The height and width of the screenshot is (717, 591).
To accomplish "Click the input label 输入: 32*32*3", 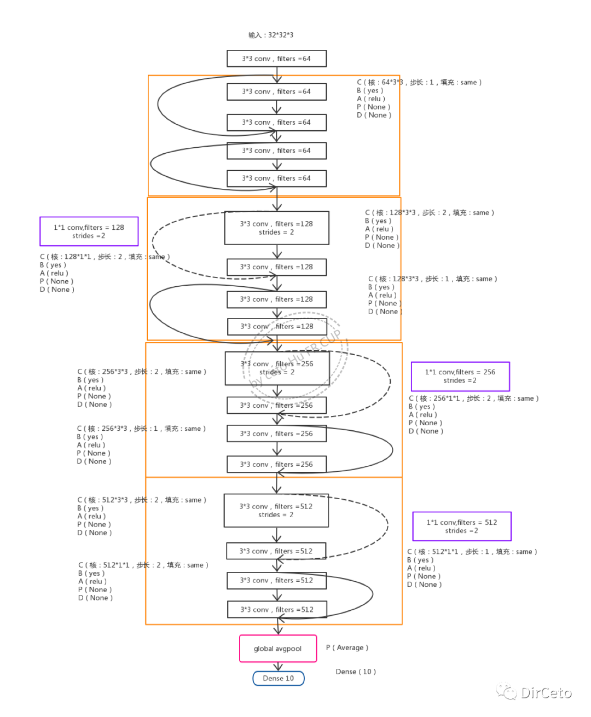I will (271, 35).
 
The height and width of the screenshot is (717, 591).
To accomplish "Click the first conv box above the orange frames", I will (276, 59).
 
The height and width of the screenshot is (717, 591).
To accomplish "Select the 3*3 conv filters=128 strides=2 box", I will (276, 228).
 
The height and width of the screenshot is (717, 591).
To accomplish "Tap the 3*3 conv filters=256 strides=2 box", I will (277, 368).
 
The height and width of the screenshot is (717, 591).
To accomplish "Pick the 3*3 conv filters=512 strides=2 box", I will (276, 511).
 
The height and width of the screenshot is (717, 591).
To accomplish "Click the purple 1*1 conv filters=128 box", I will (89, 232).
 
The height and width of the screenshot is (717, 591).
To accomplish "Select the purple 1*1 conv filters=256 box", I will (460, 376).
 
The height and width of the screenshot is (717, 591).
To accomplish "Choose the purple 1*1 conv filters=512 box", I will (461, 527).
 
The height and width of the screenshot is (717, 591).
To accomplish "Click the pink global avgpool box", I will (278, 649).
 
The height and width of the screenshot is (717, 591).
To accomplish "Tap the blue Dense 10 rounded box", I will (278, 678).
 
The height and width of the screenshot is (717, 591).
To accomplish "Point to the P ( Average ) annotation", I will (347, 647).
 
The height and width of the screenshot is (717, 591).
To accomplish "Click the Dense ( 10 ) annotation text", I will (356, 672).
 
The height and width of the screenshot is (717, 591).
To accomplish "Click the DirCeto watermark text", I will (546, 693).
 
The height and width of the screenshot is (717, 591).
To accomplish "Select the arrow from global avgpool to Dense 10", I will (278, 667).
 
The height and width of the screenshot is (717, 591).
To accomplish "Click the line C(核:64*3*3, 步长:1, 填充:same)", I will (419, 82).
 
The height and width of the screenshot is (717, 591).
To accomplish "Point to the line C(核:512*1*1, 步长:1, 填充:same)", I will (472, 552).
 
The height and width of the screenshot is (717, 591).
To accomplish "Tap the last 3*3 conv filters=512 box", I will (276, 609).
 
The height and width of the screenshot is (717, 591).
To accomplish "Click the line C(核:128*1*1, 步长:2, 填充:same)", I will (104, 257).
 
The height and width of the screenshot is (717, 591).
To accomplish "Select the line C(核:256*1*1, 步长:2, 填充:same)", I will (473, 398).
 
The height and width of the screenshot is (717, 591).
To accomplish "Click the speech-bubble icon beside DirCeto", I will (506, 692).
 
